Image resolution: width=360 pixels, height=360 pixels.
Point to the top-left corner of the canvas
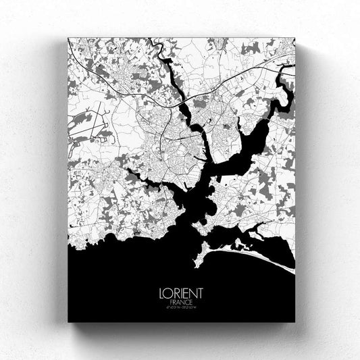click(69, 38)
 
